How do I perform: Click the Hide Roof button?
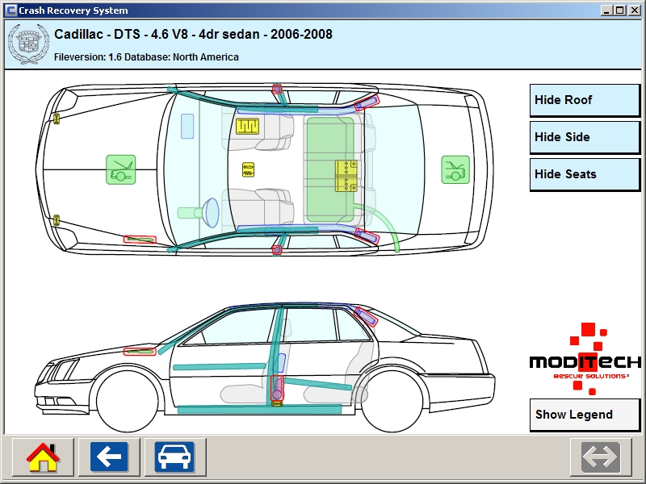585,101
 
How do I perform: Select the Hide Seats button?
585,174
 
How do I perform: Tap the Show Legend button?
585,415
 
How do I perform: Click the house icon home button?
43,457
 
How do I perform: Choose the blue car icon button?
174,457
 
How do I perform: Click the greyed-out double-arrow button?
601,457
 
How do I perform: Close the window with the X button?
634,10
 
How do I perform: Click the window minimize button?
606,10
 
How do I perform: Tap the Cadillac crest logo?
24,44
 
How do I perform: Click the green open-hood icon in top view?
120,169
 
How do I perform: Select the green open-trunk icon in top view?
455,170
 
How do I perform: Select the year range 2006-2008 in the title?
301,35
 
